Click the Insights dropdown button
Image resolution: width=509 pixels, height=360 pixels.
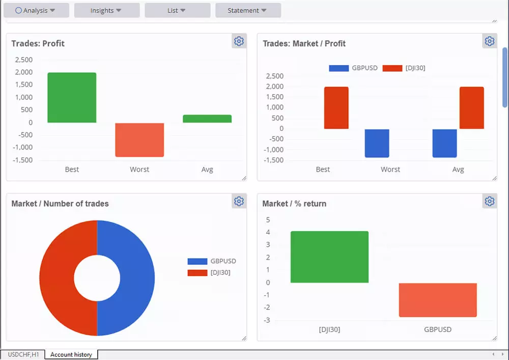pyautogui.click(x=106, y=10)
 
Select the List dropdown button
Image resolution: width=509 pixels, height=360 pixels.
pyautogui.click(x=177, y=10)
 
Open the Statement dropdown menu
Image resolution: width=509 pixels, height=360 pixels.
pyautogui.click(x=248, y=10)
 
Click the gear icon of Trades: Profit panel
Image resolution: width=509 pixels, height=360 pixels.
pyautogui.click(x=239, y=41)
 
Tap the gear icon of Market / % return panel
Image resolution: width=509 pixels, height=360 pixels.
pyautogui.click(x=490, y=201)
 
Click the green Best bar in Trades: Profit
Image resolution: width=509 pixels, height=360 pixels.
pyautogui.click(x=72, y=97)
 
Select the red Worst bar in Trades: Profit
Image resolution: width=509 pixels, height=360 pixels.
pyautogui.click(x=139, y=140)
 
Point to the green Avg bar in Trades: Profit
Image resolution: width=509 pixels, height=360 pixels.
pyautogui.click(x=207, y=119)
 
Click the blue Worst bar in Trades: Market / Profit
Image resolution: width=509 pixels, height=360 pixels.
pyautogui.click(x=377, y=143)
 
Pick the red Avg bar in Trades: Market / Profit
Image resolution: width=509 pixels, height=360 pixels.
pyautogui.click(x=471, y=107)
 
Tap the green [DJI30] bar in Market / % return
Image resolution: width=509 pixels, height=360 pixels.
pyautogui.click(x=329, y=257)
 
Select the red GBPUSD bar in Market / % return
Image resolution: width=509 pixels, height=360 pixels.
pyautogui.click(x=438, y=300)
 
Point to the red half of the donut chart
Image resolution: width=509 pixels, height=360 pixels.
pyautogui.click(x=59, y=278)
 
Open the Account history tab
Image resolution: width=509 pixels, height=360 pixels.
pyautogui.click(x=71, y=354)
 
